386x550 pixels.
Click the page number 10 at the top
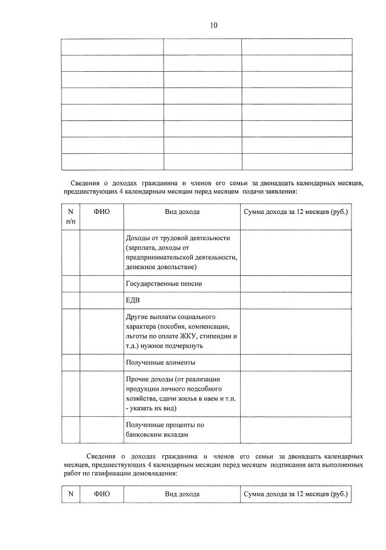click(213, 26)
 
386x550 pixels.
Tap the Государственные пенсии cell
click(164, 284)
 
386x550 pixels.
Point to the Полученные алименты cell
click(160, 363)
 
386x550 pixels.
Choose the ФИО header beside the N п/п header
click(102, 211)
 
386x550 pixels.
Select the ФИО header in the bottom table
click(102, 494)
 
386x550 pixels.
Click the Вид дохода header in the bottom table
click(182, 494)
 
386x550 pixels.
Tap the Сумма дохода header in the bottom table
click(295, 494)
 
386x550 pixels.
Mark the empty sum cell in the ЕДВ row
click(295, 301)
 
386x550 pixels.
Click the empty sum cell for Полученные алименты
click(295, 363)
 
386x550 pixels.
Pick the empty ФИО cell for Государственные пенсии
click(102, 284)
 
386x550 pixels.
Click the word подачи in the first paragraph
click(255, 191)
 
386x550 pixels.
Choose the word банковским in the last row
click(145, 435)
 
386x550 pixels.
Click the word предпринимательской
click(170, 257)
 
